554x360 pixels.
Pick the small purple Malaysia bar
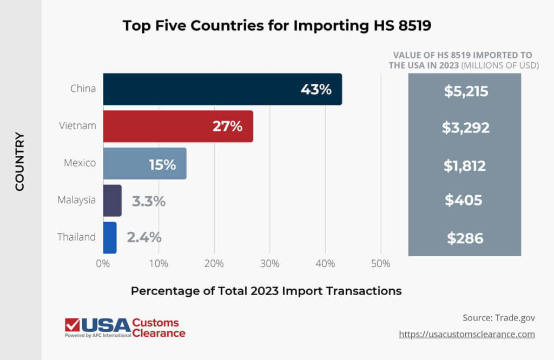[x=112, y=201]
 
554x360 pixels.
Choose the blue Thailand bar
[x=110, y=238]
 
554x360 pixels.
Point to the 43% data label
[x=316, y=90]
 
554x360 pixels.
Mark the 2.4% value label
[x=144, y=238]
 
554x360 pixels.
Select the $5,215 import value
[x=466, y=91]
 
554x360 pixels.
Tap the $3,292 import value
[x=465, y=128]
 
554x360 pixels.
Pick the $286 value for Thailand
[x=465, y=238]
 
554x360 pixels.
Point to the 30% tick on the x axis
[x=269, y=264]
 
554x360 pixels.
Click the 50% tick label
[x=380, y=264]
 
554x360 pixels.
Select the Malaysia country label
[x=77, y=200]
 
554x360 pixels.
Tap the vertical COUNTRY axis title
[x=20, y=162]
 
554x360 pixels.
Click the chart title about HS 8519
[x=276, y=25]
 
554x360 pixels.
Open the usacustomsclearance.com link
[x=467, y=334]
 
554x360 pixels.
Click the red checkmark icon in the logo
[x=72, y=324]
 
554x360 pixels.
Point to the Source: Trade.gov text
[x=498, y=317]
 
